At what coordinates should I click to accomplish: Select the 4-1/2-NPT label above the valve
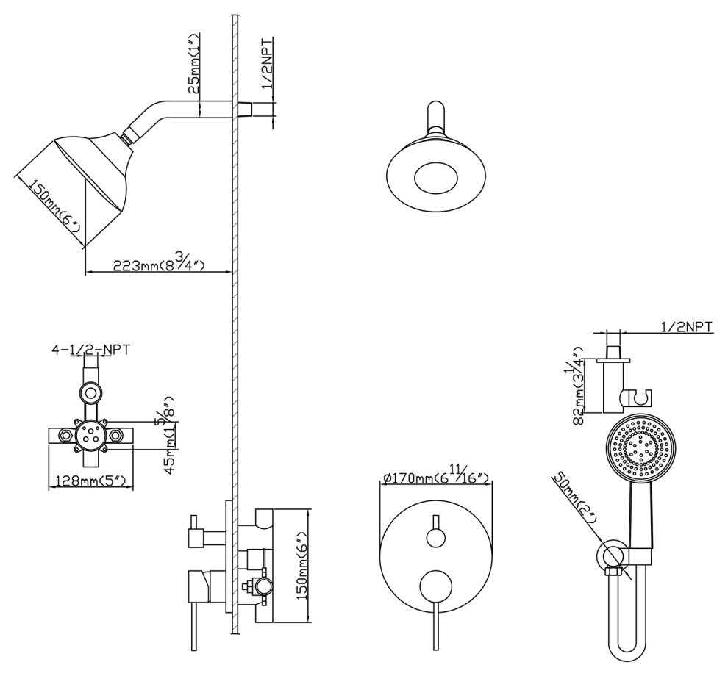(x=90, y=349)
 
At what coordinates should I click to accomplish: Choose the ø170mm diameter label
(x=437, y=479)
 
